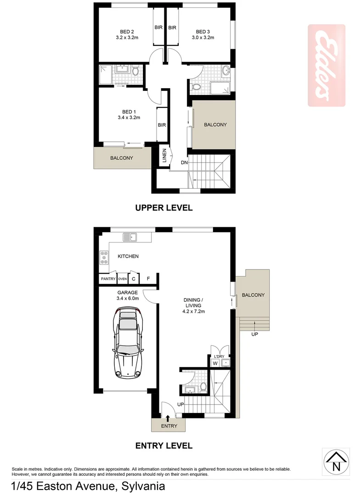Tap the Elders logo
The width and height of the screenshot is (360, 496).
coord(326,66)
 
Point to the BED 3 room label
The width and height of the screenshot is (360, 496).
coord(202,32)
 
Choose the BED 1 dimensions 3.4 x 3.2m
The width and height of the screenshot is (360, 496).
coord(129,118)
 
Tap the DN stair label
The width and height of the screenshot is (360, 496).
coord(184,162)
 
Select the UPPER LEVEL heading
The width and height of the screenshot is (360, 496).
coord(163,208)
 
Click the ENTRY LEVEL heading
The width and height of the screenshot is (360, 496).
coord(163,445)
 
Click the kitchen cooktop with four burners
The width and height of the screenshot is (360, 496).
coord(104,258)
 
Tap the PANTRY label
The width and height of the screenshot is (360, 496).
coord(108,279)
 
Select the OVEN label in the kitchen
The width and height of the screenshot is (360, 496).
coord(122,279)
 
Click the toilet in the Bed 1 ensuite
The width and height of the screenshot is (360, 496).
coord(135,72)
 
